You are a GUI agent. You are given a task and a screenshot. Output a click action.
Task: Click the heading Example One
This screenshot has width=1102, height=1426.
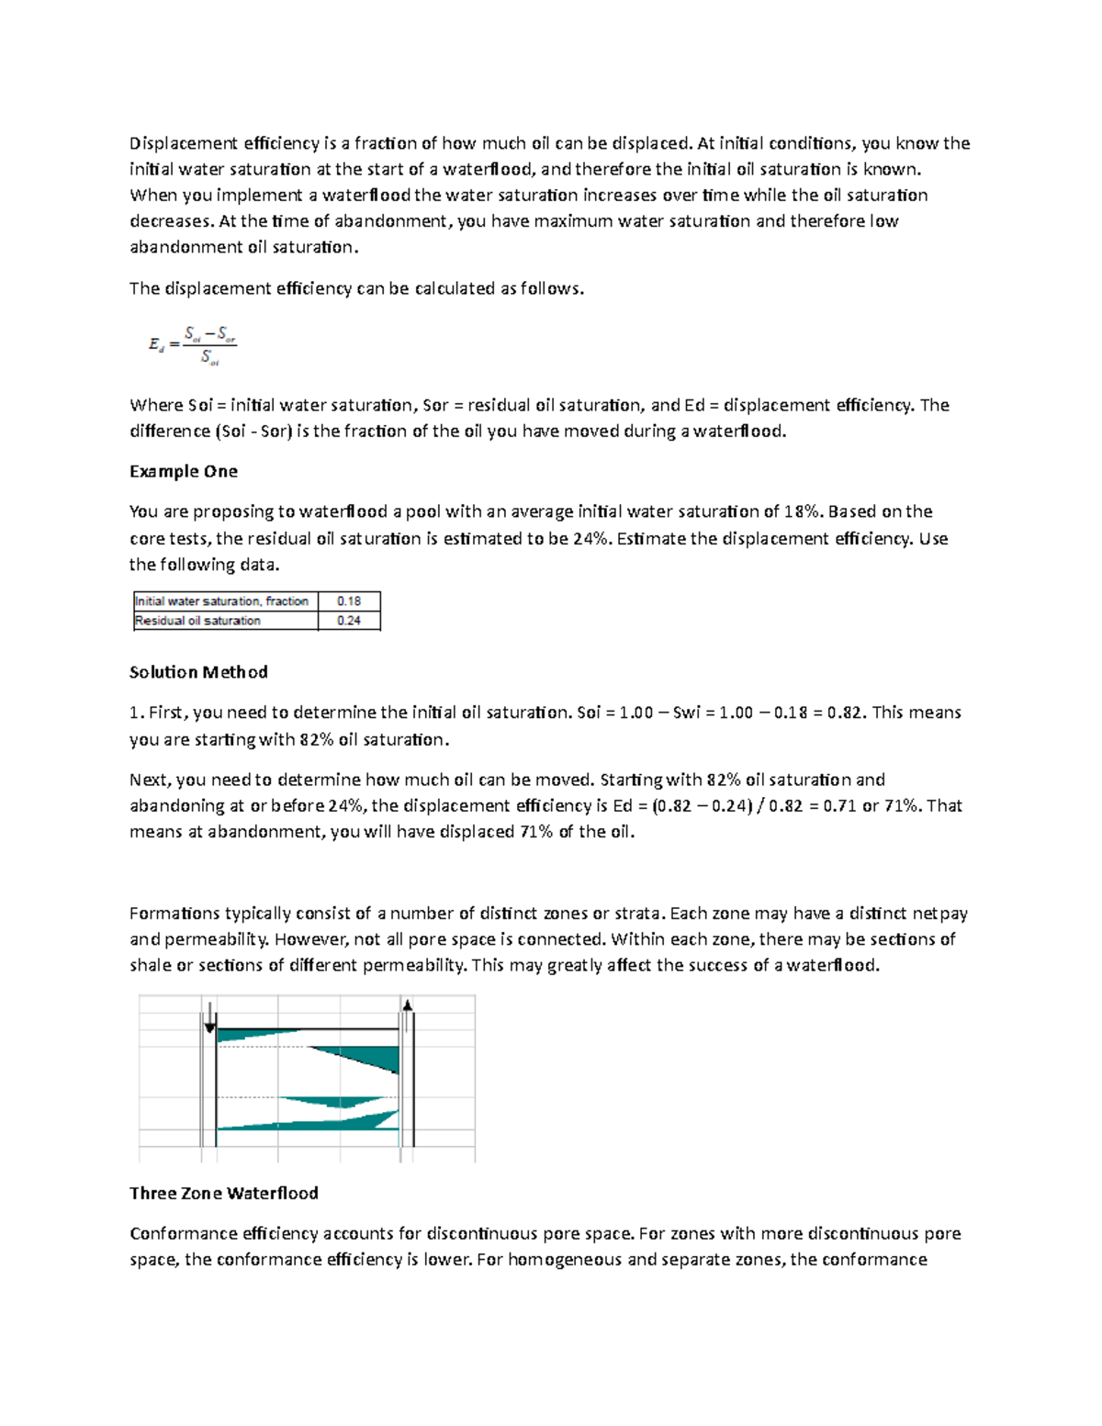point(183,471)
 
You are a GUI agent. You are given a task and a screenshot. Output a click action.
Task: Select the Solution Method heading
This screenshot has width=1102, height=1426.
point(198,672)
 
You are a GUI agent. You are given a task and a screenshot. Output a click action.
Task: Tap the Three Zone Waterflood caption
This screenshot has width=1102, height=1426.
point(223,1193)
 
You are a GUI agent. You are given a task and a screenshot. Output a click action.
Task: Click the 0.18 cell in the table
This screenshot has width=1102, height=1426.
point(349,601)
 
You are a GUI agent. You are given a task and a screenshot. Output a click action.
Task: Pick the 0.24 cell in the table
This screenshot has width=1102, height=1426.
point(349,621)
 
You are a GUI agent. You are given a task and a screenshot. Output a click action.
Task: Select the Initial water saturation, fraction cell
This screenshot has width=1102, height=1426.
point(221,601)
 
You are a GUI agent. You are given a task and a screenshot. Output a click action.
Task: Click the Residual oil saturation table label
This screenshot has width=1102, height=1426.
point(197,621)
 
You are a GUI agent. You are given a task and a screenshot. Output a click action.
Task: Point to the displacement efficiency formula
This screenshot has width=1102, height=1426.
point(193,345)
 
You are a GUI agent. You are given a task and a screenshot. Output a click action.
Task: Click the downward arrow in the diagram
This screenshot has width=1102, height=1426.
point(210,1017)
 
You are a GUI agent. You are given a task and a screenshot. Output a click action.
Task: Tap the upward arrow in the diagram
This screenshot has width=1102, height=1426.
point(407,1005)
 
